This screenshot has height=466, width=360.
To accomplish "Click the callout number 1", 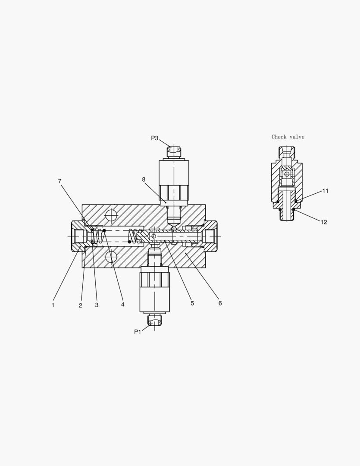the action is pos(53,305).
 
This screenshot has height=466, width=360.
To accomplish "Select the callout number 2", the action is pos(81,305).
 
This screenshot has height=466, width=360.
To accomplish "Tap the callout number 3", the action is pos(97,305).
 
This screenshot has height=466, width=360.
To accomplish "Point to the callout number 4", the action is pos(123,304).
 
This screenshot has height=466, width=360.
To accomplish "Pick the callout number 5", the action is pos(192,303).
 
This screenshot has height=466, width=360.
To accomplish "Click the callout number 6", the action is pos(220,303).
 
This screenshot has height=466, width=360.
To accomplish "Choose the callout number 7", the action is pos(59,181).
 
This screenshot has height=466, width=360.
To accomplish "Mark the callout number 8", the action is pos(144,179).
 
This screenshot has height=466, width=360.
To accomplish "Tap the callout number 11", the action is pos(326,191).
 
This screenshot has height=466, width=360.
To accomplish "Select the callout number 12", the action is pos(324,222).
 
